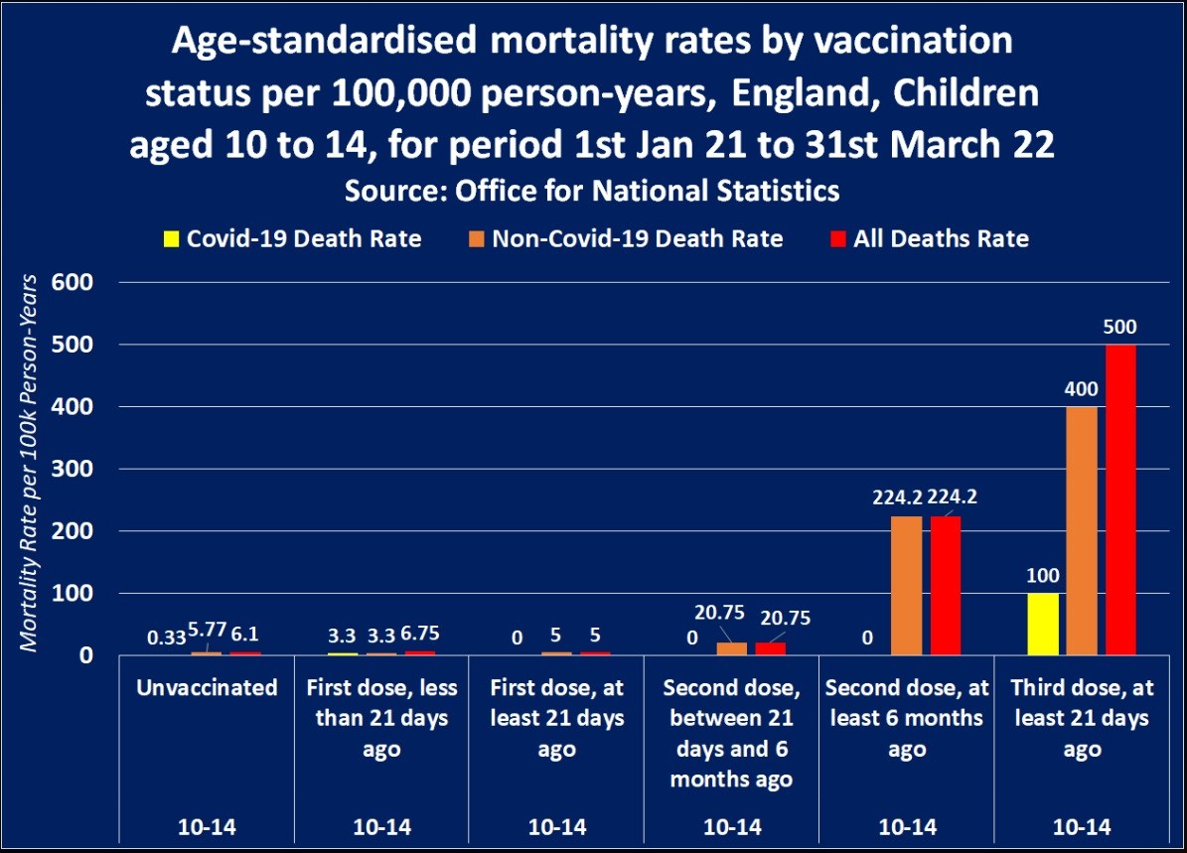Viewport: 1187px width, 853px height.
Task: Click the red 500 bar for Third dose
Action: click(x=1120, y=499)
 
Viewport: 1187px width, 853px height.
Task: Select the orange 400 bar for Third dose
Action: click(x=1082, y=530)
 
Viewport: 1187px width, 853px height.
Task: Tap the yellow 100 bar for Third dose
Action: click(x=1043, y=624)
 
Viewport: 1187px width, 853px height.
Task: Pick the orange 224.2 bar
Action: click(x=906, y=586)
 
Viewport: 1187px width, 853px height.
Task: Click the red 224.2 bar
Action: click(x=945, y=586)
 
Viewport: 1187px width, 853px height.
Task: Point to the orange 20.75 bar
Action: click(x=731, y=648)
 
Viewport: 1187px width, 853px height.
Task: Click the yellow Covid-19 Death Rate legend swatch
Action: click(x=171, y=239)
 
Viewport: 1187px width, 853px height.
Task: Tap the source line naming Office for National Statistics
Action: click(x=592, y=191)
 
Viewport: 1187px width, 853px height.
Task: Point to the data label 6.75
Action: click(x=421, y=635)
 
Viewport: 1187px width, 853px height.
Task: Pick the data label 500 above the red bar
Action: click(x=1120, y=327)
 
